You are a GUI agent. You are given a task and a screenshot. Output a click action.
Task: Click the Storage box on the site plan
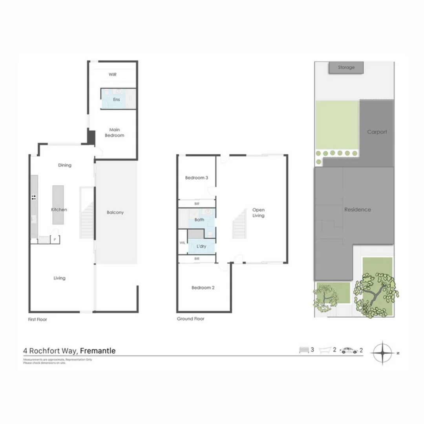(346, 68)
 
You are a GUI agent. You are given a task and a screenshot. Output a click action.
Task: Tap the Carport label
(377, 132)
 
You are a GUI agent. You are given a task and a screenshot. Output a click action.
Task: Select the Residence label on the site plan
(358, 210)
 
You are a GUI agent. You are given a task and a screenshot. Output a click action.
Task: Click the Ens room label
(117, 99)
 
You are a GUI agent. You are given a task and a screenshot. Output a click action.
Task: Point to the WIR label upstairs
(113, 74)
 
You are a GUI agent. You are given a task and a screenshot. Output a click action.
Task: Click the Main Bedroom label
(115, 133)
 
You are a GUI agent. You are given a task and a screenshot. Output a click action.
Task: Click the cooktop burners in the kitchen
(34, 197)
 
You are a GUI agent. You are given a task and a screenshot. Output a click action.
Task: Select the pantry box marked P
(55, 239)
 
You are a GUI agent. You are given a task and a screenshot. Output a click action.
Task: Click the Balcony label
(115, 212)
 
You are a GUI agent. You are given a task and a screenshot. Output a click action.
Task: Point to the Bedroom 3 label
(196, 178)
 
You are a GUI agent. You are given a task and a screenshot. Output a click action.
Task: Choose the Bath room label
(199, 220)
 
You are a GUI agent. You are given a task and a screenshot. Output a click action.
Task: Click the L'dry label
(199, 246)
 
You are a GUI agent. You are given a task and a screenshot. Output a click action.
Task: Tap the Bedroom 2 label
(203, 288)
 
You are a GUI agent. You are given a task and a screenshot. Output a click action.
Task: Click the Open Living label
(258, 212)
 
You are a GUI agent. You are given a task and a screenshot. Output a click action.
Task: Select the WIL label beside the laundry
(182, 243)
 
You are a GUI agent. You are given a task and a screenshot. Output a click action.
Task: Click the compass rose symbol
(382, 353)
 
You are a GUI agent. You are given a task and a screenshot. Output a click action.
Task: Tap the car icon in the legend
(349, 351)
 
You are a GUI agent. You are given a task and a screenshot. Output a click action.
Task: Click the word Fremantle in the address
(98, 351)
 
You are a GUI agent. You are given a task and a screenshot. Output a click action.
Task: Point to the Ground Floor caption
(190, 319)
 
